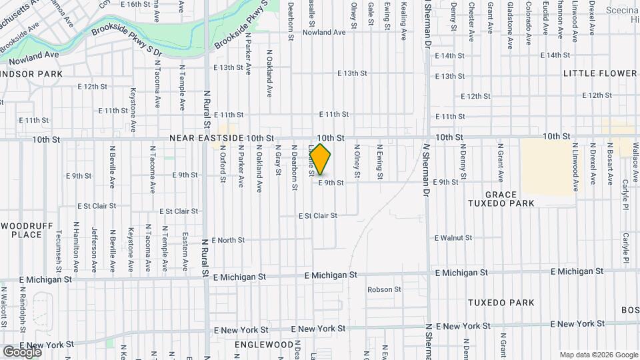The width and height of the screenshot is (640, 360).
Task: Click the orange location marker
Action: coord(321,159)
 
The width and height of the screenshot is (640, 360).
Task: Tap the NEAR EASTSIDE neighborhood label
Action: coord(206,138)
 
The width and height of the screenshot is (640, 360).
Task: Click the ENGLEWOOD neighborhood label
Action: coord(264,345)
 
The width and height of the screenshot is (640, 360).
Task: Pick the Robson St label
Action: coord(384,289)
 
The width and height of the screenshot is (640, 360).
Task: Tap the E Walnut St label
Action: coord(453,237)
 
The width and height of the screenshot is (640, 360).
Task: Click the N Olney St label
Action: coord(357,162)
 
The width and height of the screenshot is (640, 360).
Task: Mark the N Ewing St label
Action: coord(379,162)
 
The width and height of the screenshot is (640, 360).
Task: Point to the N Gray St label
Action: coord(277,161)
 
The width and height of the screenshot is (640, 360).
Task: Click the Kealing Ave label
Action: coord(403,20)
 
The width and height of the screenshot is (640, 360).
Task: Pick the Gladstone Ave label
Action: coord(510,26)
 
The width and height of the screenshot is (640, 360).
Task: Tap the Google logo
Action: coord(22,351)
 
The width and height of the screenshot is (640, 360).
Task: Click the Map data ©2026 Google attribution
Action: coord(597,355)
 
